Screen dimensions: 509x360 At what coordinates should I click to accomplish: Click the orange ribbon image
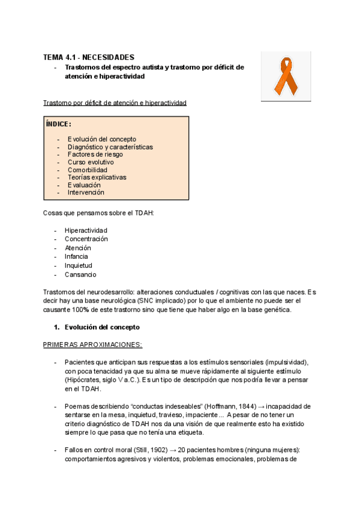(286, 76)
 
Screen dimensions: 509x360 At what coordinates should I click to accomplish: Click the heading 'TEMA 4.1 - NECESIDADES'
(88, 57)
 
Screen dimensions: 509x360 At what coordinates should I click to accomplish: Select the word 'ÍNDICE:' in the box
(59, 124)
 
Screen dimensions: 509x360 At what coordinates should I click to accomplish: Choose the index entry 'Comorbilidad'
(88, 170)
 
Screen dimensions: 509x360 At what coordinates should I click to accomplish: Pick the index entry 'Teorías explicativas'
(97, 178)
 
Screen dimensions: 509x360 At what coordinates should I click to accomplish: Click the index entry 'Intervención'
(86, 193)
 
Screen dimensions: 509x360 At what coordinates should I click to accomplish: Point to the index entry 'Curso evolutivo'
(91, 162)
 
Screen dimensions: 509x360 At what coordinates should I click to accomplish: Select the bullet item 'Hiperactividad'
(86, 230)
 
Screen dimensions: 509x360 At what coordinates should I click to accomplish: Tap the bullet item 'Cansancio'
(80, 274)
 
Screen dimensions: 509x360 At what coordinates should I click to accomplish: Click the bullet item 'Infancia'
(76, 256)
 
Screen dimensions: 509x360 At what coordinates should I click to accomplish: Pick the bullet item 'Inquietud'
(79, 265)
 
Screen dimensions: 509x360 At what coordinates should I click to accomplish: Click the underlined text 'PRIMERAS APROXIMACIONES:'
(92, 345)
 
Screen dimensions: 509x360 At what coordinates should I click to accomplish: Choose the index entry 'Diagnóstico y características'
(110, 147)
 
